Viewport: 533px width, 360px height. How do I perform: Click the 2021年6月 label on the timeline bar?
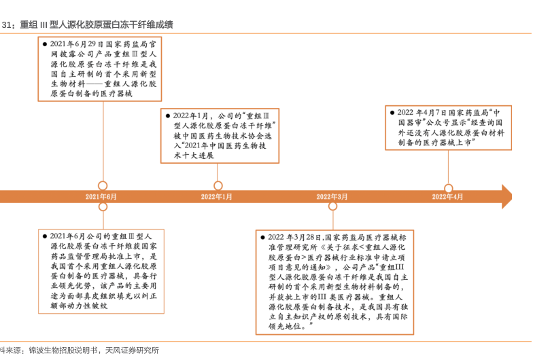(x=102, y=196)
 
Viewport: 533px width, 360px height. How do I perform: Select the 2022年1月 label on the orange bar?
(x=217, y=196)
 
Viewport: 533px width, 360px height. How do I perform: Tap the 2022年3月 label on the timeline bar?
(x=332, y=196)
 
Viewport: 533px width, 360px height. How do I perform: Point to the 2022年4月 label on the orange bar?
(x=447, y=196)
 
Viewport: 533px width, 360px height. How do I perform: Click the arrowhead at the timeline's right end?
(x=506, y=196)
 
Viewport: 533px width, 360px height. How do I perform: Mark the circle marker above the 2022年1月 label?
(x=218, y=185)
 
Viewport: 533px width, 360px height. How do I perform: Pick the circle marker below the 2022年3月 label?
(x=332, y=206)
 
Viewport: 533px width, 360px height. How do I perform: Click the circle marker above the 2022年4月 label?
(x=448, y=189)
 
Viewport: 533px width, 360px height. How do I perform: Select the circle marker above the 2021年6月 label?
(x=103, y=185)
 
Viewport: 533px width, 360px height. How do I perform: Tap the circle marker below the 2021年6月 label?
(x=103, y=206)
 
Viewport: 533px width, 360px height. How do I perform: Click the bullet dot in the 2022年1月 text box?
(x=167, y=115)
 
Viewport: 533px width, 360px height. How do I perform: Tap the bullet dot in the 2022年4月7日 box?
(x=391, y=112)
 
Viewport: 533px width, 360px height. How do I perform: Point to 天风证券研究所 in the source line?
(x=132, y=350)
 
